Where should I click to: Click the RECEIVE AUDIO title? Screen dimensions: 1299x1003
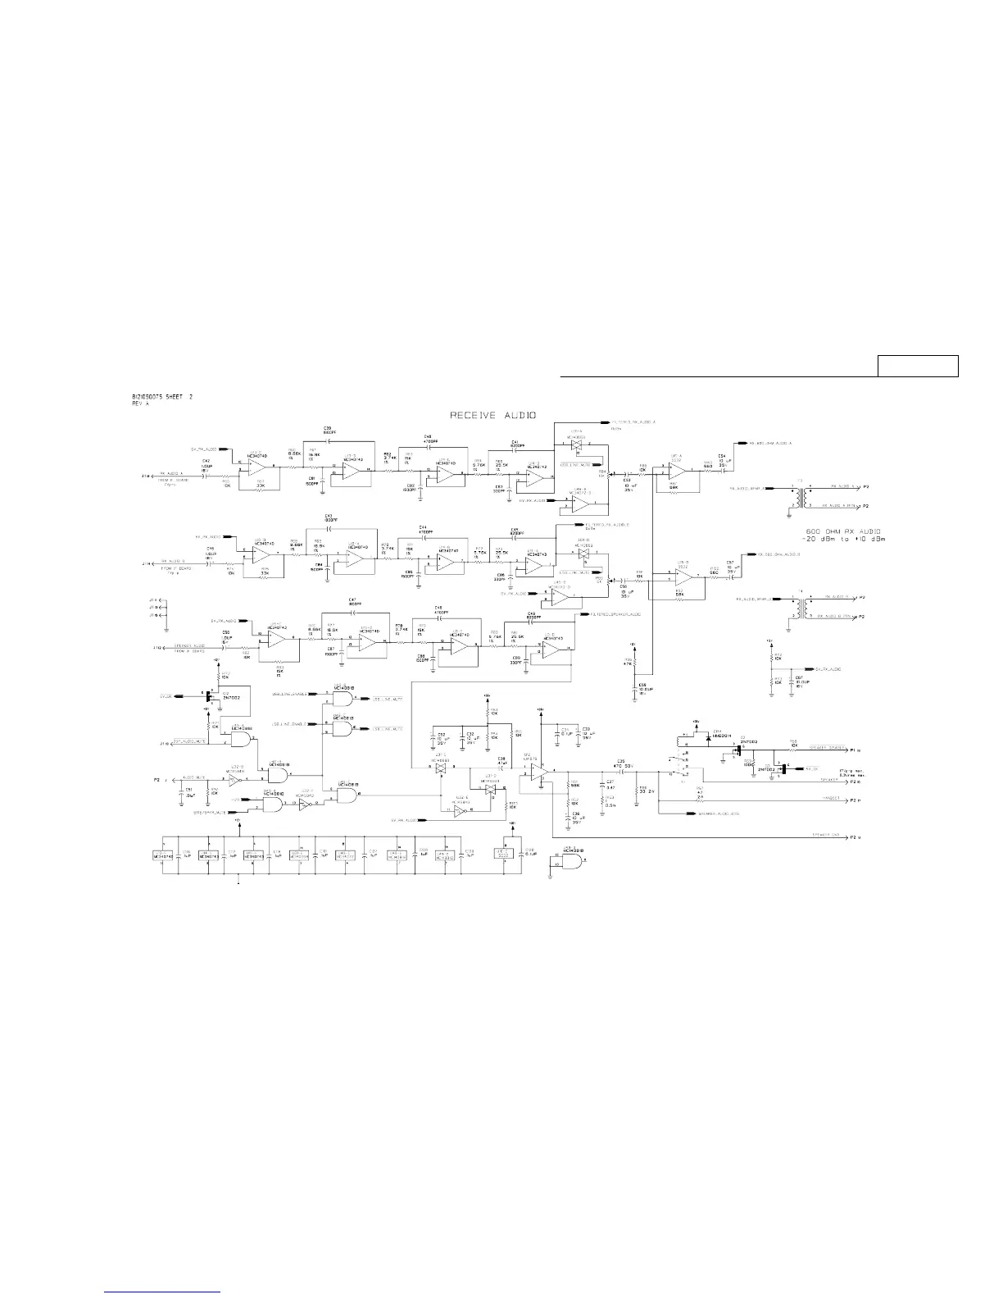492,416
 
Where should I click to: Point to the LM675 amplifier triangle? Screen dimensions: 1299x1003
538,770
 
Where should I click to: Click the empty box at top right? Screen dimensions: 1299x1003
918,366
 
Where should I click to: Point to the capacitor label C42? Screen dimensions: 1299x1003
206,462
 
